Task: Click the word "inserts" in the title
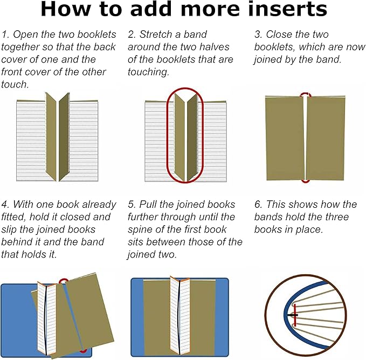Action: coord(288,9)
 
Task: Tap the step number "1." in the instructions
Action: coord(5,35)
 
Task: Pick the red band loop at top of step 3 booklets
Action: coord(306,94)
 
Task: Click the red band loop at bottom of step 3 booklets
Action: coord(306,181)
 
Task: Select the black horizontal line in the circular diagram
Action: coord(292,315)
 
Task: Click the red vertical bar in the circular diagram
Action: coord(295,315)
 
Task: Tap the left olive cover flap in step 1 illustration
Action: coord(51,137)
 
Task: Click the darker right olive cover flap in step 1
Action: coord(64,137)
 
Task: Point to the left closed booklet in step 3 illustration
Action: coord(285,138)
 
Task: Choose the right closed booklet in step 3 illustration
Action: coord(326,138)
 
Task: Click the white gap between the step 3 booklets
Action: coord(305,138)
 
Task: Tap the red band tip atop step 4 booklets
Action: coord(63,281)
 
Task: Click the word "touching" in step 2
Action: coord(148,72)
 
